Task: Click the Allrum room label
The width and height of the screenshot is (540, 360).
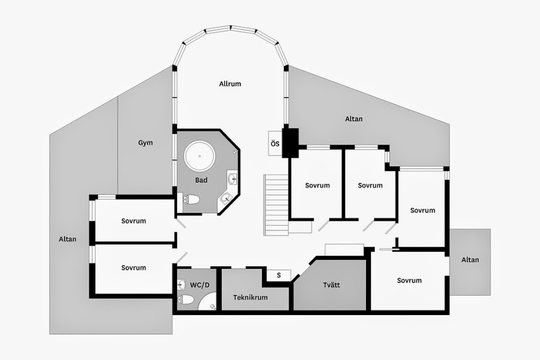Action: point(230,84)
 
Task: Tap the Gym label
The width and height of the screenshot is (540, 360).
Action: point(145,143)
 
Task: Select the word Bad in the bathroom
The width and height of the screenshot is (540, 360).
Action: point(201,180)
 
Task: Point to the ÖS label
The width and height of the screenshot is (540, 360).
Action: point(275,144)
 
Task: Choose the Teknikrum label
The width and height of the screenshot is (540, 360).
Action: point(250,297)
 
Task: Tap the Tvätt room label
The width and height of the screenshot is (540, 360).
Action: point(331,284)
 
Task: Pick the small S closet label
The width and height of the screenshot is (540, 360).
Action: point(279,275)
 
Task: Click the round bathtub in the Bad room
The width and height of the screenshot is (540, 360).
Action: point(199,157)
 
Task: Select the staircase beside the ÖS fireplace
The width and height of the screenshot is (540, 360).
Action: point(276,205)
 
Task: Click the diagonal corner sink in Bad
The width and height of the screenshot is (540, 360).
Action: point(226,199)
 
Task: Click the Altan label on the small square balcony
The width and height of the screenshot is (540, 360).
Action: point(470,260)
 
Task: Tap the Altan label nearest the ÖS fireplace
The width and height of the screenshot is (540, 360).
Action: point(354,119)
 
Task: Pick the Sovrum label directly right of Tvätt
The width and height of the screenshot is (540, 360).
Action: point(409,280)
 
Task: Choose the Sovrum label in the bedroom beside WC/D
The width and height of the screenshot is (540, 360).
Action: point(133,268)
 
